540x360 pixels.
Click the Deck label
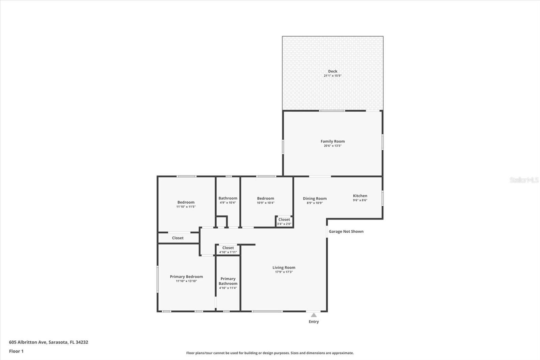click(332, 71)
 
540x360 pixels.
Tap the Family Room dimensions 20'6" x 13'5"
click(332, 146)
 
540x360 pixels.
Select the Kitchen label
click(360, 196)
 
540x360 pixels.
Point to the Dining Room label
click(315, 199)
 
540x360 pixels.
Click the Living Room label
click(284, 267)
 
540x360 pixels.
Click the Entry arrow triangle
click(314, 315)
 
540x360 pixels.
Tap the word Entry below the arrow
click(314, 322)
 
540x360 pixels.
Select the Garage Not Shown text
click(346, 231)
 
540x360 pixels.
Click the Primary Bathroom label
click(228, 281)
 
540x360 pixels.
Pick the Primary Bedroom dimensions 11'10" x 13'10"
click(186, 281)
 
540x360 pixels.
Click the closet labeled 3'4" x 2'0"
click(284, 222)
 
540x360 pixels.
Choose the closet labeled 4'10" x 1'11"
click(228, 250)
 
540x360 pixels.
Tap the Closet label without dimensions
click(178, 238)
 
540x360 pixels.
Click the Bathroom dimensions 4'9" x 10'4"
click(228, 203)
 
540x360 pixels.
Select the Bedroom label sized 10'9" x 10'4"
click(266, 199)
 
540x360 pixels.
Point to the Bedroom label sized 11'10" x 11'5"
click(186, 202)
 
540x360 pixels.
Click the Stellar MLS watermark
click(524, 180)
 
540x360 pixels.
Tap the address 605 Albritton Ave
click(48, 342)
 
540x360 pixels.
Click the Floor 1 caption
click(16, 351)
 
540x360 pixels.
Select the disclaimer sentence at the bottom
click(270, 353)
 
